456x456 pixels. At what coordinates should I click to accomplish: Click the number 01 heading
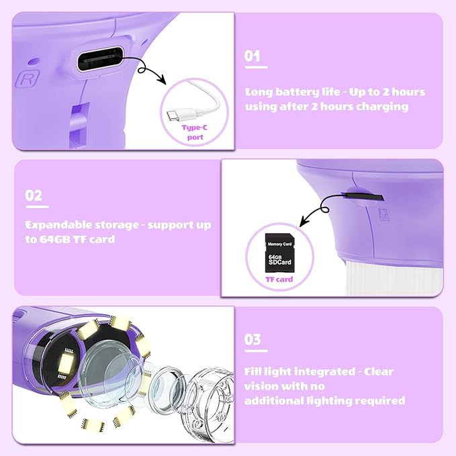click(252, 56)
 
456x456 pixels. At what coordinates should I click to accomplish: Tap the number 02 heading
click(34, 195)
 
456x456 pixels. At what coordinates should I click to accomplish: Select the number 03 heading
click(253, 339)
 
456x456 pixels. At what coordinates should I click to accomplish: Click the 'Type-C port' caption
click(195, 132)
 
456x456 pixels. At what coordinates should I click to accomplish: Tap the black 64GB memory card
click(280, 253)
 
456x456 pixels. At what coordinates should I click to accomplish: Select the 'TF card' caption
click(279, 279)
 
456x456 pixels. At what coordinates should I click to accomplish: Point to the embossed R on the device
click(28, 78)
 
